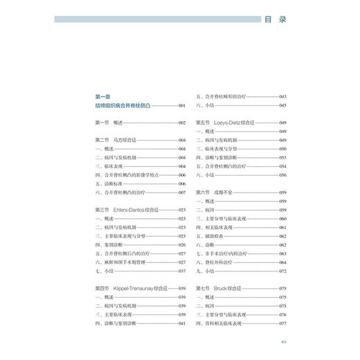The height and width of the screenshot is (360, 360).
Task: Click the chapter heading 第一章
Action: pos(102,96)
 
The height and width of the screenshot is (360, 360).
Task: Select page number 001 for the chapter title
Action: pos(182,105)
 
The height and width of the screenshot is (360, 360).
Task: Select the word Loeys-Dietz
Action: pos(236,123)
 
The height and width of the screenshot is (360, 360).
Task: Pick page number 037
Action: pos(182,271)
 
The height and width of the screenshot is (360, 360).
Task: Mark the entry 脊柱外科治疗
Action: pos(223,262)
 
